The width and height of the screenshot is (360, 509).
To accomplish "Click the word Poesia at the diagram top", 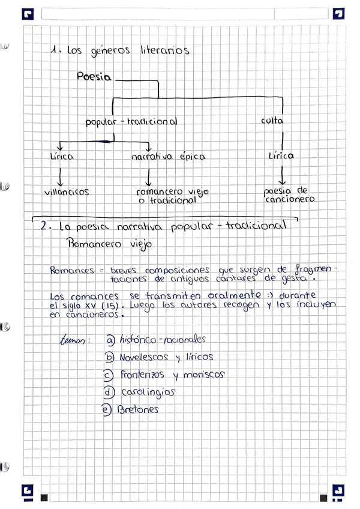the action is [x=95, y=77].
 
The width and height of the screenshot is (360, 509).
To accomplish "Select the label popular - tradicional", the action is [x=131, y=121].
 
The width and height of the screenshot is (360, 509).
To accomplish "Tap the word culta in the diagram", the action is [x=272, y=121].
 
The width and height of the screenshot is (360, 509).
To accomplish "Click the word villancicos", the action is [x=67, y=192].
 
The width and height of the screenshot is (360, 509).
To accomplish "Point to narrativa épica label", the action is [x=168, y=157].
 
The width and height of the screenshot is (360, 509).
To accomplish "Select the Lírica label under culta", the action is [x=281, y=155].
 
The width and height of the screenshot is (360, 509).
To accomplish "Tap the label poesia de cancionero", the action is [x=289, y=195].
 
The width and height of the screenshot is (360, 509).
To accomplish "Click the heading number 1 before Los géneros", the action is [x=55, y=52].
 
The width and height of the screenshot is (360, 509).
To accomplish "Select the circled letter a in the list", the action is [x=110, y=340].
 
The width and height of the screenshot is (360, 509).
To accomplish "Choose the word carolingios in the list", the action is [x=148, y=392].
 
